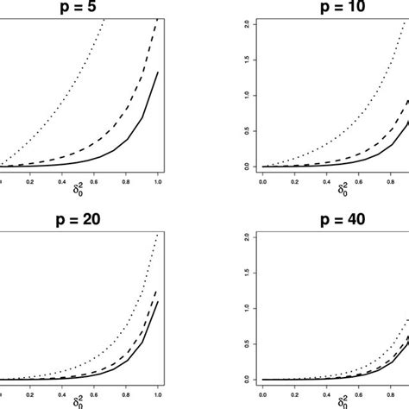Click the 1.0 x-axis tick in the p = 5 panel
(x=158, y=180)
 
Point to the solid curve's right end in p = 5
(x=158, y=72)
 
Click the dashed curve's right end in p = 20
(x=158, y=291)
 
